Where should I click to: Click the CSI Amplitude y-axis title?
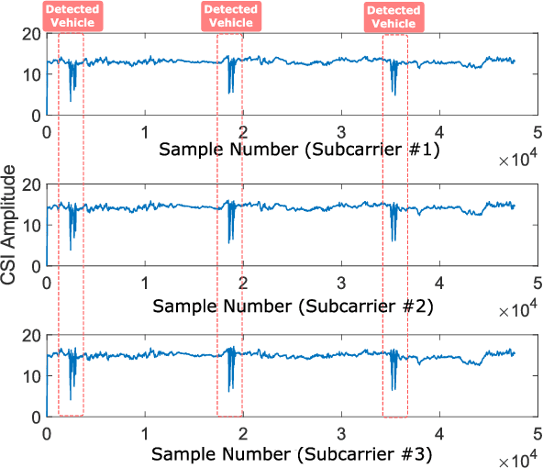[x=12, y=228]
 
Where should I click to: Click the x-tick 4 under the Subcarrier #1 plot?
[x=440, y=130]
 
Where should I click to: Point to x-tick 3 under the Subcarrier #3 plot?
[x=341, y=432]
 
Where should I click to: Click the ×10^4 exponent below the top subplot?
[x=519, y=161]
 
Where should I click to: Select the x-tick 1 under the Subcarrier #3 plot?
[x=145, y=432]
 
